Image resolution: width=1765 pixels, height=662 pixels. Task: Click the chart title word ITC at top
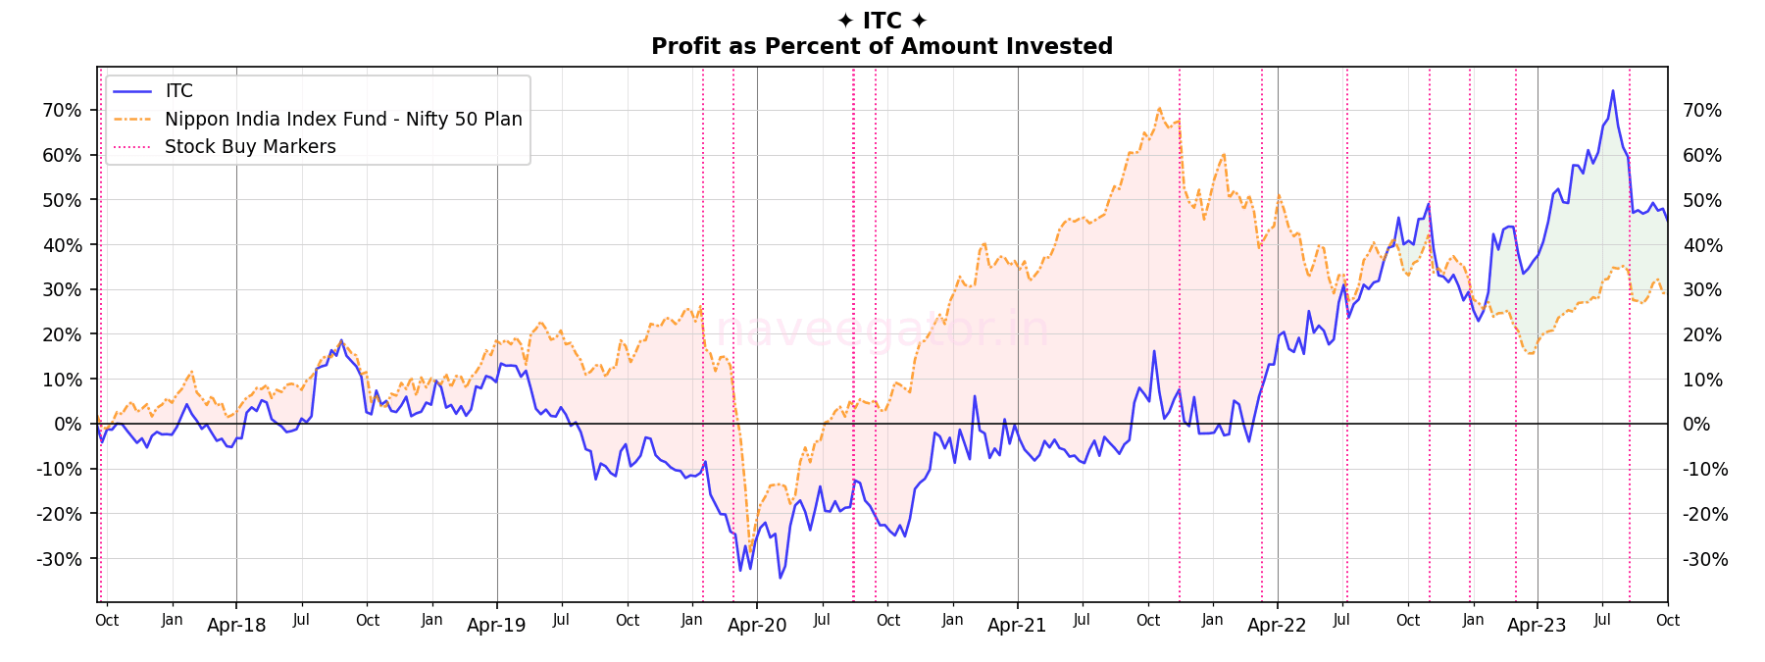882,21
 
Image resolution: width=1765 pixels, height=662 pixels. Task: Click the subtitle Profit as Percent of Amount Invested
882,46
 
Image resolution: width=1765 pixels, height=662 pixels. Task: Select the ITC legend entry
178,91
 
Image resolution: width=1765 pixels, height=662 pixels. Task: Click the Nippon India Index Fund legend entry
343,119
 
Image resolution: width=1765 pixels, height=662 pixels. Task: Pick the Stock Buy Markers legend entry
250,146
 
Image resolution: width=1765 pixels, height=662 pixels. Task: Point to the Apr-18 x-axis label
236,626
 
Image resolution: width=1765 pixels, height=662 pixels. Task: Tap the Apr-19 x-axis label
496,626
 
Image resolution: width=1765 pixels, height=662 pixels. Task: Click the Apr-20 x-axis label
757,626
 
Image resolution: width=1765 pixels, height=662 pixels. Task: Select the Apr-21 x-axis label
1017,626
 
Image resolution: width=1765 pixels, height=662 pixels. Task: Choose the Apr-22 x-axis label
1277,626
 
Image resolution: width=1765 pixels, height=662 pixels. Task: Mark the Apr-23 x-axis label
1537,626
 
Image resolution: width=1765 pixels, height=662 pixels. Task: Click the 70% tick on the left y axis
62,110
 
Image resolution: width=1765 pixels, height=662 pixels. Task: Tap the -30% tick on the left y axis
59,559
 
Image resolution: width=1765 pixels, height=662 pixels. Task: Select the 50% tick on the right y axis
1701,200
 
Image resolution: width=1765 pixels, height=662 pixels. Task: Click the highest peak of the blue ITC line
1612,91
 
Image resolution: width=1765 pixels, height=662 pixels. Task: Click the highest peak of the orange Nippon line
1159,108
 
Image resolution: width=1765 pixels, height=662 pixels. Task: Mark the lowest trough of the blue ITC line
780,578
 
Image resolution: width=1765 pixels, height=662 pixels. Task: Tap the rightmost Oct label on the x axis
1667,621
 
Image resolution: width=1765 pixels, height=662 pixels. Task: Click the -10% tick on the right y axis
1705,469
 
